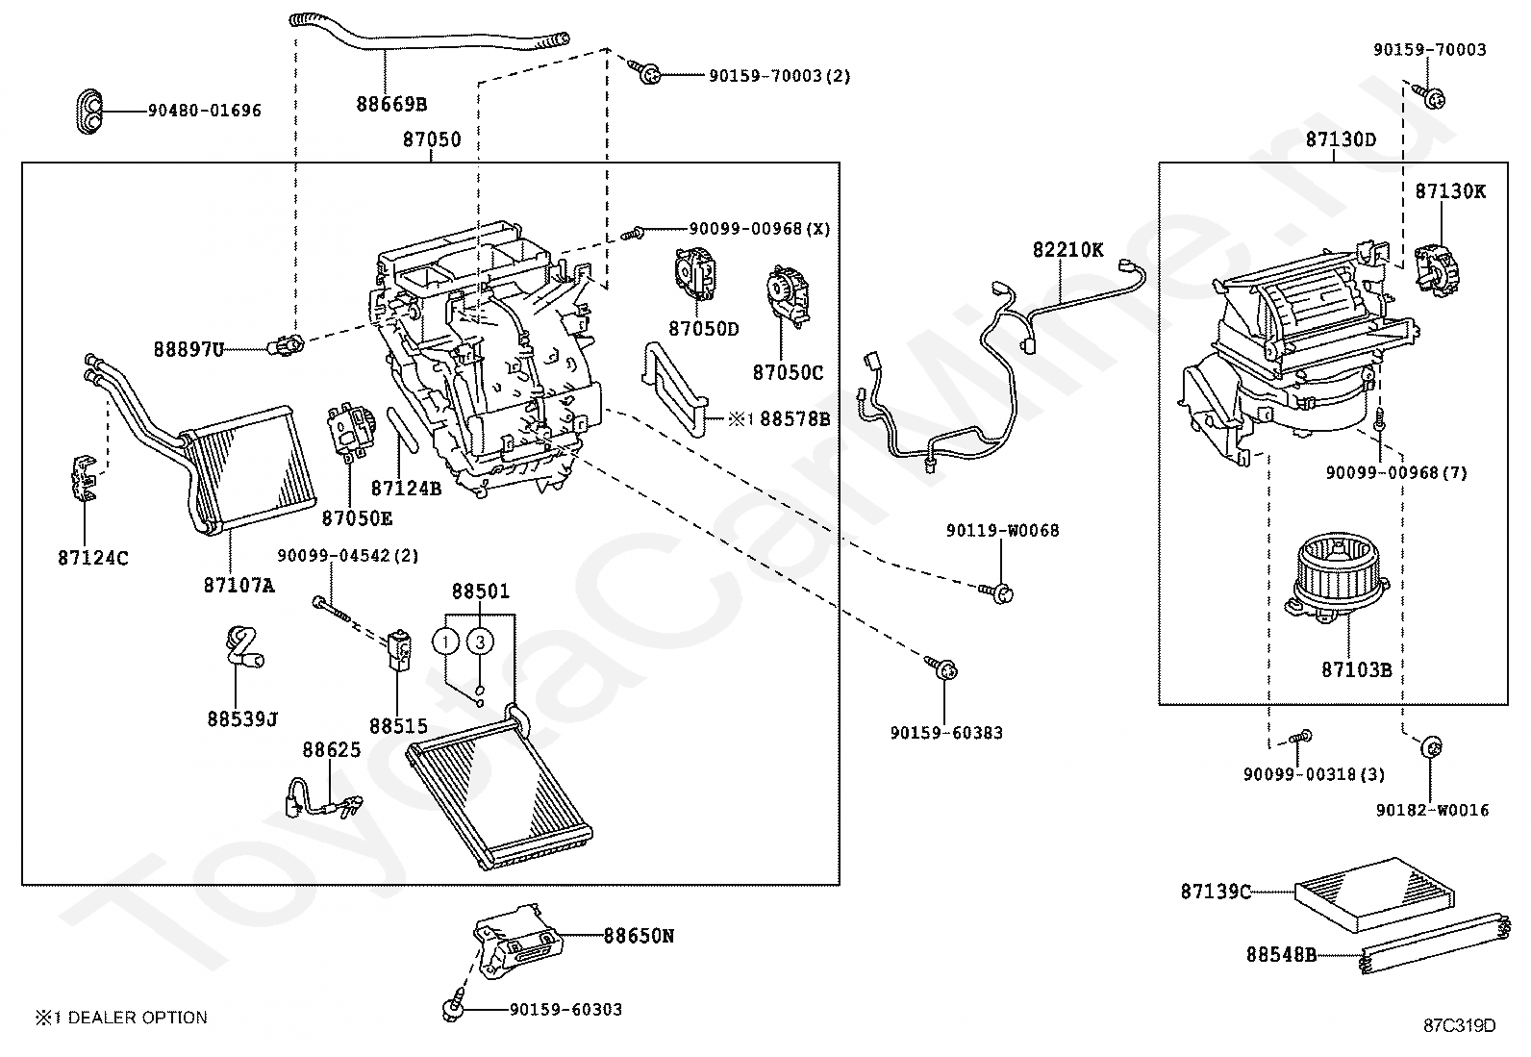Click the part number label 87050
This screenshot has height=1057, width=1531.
(x=432, y=139)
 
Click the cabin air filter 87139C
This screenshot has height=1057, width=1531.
(x=1374, y=893)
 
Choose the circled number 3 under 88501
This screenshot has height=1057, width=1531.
(x=480, y=642)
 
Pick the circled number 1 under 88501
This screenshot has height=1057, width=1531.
(x=445, y=642)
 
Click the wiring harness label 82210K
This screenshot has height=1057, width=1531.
(x=1067, y=249)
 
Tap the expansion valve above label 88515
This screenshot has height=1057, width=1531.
(x=398, y=649)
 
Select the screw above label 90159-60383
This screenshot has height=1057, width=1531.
(x=941, y=668)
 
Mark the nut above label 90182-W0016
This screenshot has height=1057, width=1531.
(x=1432, y=747)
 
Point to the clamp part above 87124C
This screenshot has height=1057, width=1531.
(x=85, y=478)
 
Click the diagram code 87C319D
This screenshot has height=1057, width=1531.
(x=1460, y=1025)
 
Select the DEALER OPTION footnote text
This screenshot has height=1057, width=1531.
(x=122, y=1018)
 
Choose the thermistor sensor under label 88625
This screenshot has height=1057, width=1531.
(x=322, y=799)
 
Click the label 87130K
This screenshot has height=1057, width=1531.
(x=1450, y=191)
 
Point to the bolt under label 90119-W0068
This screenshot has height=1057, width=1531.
(x=996, y=592)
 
